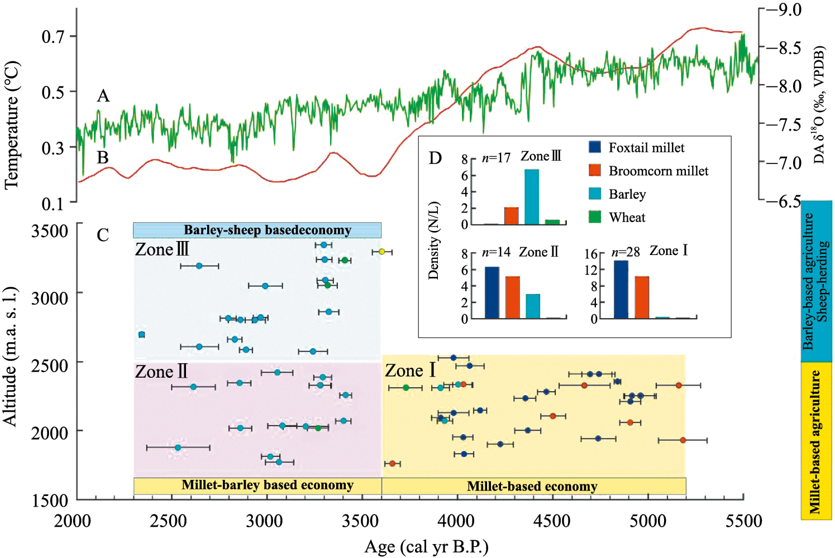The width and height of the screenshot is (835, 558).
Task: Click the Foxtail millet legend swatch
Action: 595,147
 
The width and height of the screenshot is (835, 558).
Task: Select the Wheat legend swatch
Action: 595,217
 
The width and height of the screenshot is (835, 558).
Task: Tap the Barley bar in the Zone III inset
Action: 532,197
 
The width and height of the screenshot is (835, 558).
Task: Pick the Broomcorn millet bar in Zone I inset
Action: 642,297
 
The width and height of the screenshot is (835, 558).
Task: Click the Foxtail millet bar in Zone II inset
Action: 492,293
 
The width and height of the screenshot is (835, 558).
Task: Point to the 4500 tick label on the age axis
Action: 552,521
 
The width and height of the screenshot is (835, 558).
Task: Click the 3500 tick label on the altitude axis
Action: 50,230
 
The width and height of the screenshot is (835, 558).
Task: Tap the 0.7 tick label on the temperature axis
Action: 53,37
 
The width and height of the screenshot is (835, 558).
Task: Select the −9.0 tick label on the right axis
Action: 784,9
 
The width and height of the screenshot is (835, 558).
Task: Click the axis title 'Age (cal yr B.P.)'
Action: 427,547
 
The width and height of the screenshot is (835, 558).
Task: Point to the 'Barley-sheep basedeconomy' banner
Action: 257,230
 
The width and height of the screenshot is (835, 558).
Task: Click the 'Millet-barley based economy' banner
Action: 257,485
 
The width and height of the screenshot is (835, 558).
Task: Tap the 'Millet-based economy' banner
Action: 533,487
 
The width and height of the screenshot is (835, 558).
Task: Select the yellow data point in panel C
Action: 382,252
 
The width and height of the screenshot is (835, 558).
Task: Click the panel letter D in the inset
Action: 435,158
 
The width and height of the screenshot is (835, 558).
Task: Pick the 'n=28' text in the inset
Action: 626,252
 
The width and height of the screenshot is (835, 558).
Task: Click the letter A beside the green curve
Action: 103,96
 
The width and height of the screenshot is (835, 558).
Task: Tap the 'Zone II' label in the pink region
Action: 161,372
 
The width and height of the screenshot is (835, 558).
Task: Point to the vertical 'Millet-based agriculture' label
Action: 815,441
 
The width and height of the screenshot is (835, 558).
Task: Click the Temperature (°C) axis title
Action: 12,126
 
